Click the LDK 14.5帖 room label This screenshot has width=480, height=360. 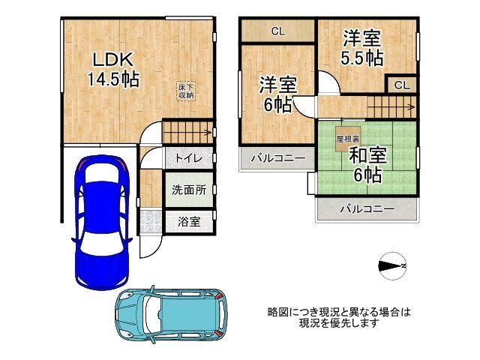pyautogui.click(x=112, y=69)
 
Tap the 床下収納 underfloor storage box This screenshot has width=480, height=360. pyautogui.click(x=187, y=91)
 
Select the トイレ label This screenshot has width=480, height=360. pyautogui.click(x=187, y=160)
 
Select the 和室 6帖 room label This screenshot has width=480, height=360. pyautogui.click(x=365, y=165)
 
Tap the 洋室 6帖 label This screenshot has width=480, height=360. pyautogui.click(x=276, y=94)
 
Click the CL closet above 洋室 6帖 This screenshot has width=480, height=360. pyautogui.click(x=277, y=31)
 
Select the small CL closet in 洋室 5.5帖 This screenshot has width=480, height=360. pyautogui.click(x=401, y=85)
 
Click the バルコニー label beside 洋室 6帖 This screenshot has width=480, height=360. pyautogui.click(x=277, y=159)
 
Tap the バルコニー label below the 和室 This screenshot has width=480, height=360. pyautogui.click(x=367, y=209)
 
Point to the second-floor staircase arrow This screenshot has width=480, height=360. pyautogui.click(x=390, y=108)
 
